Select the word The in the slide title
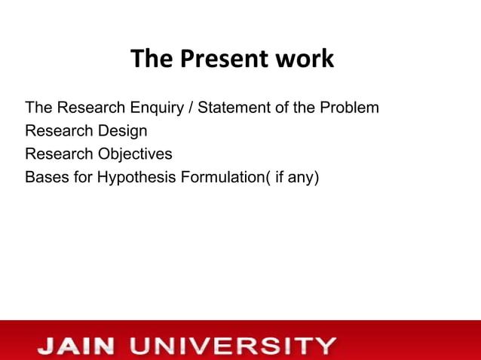point(150,59)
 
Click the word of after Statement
point(279,108)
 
